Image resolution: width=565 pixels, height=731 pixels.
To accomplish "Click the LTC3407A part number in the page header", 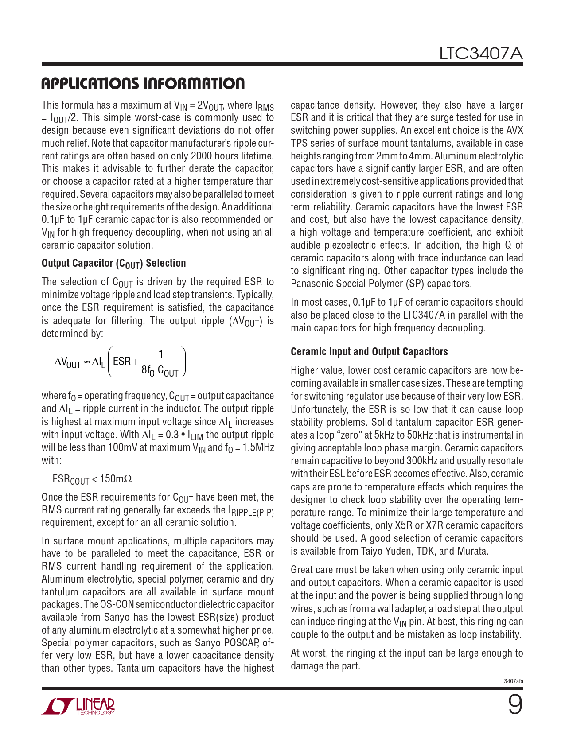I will pyautogui.click(x=481, y=54).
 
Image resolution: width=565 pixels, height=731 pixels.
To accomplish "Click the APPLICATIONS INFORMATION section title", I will pyautogui.click(x=143, y=83).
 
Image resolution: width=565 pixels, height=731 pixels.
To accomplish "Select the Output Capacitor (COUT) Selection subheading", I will pyautogui.click(x=113, y=263).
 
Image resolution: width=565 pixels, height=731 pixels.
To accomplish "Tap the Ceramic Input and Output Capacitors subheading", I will pyautogui.click(x=369, y=352).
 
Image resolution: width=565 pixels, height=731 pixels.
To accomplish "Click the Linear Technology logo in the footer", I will pyautogui.click(x=78, y=706).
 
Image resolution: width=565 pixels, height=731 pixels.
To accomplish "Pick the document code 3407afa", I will pyautogui.click(x=513, y=681).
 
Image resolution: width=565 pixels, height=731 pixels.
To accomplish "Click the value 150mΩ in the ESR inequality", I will pyautogui.click(x=116, y=479).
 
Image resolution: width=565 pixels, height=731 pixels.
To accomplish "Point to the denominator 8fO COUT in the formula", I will pyautogui.click(x=160, y=370).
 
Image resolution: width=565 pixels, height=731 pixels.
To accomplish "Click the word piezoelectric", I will pyautogui.click(x=356, y=245).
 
